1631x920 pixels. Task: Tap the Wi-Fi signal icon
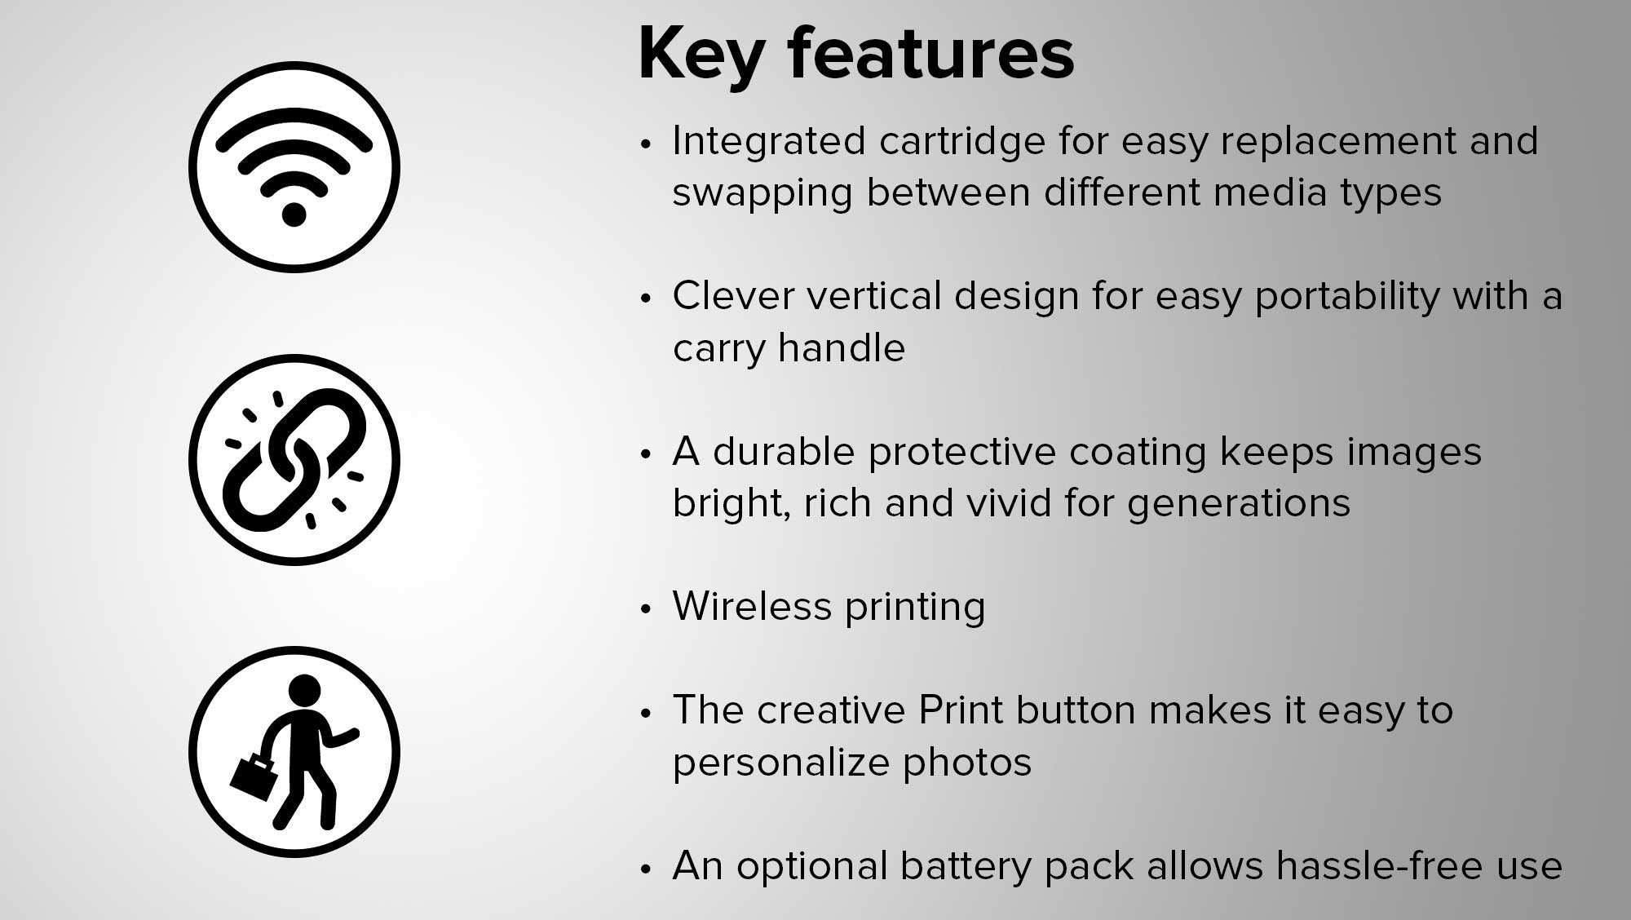(294, 167)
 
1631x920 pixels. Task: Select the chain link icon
(294, 460)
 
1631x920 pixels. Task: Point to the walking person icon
(294, 752)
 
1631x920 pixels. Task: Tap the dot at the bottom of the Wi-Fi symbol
(294, 214)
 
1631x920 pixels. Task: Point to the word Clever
(733, 296)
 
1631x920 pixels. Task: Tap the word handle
(842, 348)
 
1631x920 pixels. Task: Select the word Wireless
(752, 607)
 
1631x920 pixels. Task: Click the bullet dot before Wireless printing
(647, 609)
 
